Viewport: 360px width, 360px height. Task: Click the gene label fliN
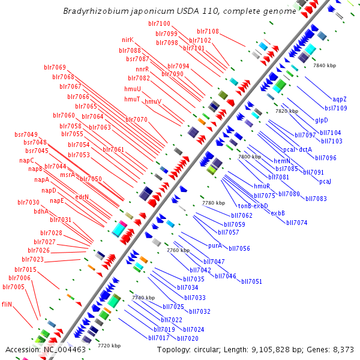coord(7,304)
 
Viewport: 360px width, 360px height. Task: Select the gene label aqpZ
coord(339,99)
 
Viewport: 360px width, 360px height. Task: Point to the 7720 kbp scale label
coord(109,346)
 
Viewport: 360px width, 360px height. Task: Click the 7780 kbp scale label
coord(214,203)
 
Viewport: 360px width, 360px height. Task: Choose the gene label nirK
coord(127,40)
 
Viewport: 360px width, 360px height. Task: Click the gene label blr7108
coord(208,31)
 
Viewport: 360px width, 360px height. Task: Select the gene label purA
coord(215,245)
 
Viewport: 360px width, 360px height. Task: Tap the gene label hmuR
coord(262,186)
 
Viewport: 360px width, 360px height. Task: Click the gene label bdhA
coord(41,211)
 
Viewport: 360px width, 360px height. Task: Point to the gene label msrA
coord(67,175)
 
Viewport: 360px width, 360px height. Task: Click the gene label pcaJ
coord(325,181)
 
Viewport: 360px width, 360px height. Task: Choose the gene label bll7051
coord(251,281)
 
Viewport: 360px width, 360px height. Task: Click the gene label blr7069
coord(55,67)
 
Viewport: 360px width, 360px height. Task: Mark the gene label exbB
coord(278,213)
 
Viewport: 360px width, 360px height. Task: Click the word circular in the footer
coord(214,350)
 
